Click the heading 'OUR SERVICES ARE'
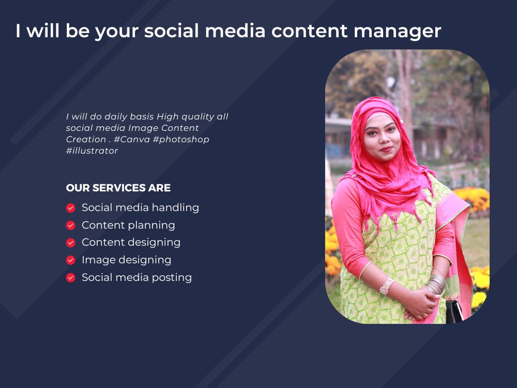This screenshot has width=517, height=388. [x=118, y=188]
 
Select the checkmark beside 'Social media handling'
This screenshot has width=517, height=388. [x=71, y=208]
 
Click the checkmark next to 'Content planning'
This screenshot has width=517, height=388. [x=71, y=226]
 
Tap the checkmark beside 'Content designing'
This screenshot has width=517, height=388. [x=71, y=243]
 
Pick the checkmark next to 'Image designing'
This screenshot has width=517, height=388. [x=71, y=260]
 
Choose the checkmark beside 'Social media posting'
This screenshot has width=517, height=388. [x=71, y=278]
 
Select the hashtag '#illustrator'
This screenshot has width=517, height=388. [x=92, y=151]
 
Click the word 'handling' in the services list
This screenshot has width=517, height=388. [x=175, y=208]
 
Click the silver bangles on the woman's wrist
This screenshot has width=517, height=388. [x=436, y=283]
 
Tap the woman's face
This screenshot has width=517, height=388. [x=382, y=139]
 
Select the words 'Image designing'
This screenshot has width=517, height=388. [x=126, y=260]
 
